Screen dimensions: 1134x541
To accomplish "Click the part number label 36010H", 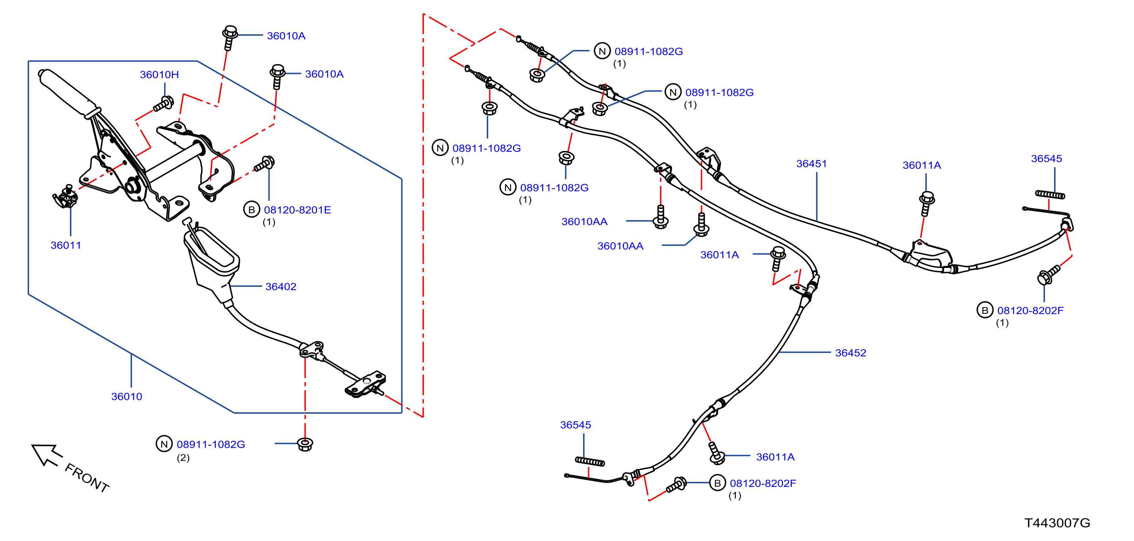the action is pos(159,75).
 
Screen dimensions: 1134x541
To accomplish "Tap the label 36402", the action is pos(281,287).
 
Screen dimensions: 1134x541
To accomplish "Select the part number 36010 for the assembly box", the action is pos(126,397).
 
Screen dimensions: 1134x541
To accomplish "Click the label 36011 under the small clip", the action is pos(66,245).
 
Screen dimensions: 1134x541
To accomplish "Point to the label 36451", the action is pos(811,164).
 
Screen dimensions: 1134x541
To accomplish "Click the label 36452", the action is pos(850,353).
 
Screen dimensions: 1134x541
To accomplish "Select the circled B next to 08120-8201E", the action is pos(251,210).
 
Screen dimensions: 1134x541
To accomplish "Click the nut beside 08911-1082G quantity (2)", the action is pos(305,444).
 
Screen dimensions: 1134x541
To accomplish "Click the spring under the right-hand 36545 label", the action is pos(1050,194).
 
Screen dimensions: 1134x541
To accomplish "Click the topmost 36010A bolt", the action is pos(230,38).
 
